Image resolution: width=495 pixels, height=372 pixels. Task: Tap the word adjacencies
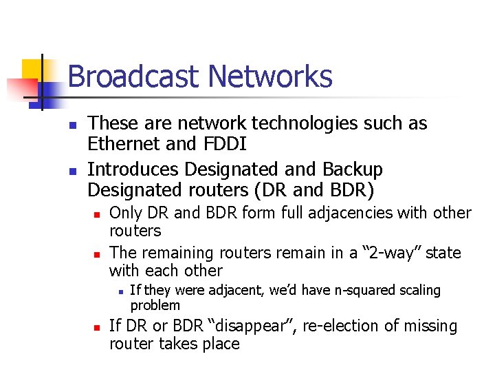click(x=326, y=214)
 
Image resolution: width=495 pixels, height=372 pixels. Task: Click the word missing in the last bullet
click(x=432, y=326)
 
